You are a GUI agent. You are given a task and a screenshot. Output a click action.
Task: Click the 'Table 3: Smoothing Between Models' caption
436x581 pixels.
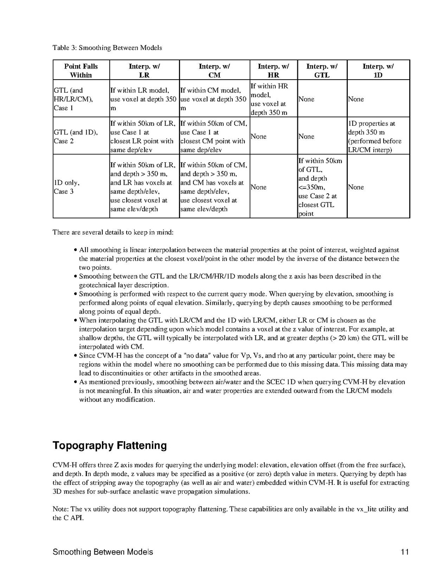pyautogui.click(x=107, y=48)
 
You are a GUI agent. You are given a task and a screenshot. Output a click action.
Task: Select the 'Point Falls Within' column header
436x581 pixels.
pyautogui.click(x=81, y=70)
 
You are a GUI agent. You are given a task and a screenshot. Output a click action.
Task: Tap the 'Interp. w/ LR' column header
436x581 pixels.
pyautogui.click(x=144, y=70)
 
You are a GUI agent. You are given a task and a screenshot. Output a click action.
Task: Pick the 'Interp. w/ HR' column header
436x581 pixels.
pyautogui.click(x=273, y=70)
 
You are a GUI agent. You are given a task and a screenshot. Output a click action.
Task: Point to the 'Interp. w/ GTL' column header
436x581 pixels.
pyautogui.click(x=322, y=70)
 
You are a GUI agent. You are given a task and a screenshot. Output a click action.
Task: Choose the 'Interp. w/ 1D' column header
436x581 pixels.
pyautogui.click(x=378, y=70)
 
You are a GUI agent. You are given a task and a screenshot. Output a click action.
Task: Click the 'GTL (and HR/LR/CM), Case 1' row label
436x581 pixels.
pyautogui.click(x=73, y=99)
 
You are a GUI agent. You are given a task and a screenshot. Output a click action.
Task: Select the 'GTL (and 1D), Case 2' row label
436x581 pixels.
pyautogui.click(x=75, y=137)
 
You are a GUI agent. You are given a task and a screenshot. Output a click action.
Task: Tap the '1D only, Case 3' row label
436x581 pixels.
pyautogui.click(x=66, y=187)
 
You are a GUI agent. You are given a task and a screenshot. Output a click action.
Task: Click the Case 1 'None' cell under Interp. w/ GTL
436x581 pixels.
pyautogui.click(x=306, y=99)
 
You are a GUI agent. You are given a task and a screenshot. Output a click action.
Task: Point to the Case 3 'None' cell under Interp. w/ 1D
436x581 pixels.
pyautogui.click(x=355, y=187)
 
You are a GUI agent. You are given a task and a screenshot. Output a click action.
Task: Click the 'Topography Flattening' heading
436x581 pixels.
pyautogui.click(x=110, y=445)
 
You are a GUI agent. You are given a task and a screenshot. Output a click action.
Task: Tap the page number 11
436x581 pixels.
pyautogui.click(x=405, y=552)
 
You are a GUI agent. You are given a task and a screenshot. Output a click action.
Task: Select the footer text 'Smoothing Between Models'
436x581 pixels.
pyautogui.click(x=103, y=552)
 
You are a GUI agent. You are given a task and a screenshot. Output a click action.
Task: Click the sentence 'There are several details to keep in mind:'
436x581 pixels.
pyautogui.click(x=110, y=232)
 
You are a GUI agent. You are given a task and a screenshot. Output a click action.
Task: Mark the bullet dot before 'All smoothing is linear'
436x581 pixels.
pyautogui.click(x=75, y=250)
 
